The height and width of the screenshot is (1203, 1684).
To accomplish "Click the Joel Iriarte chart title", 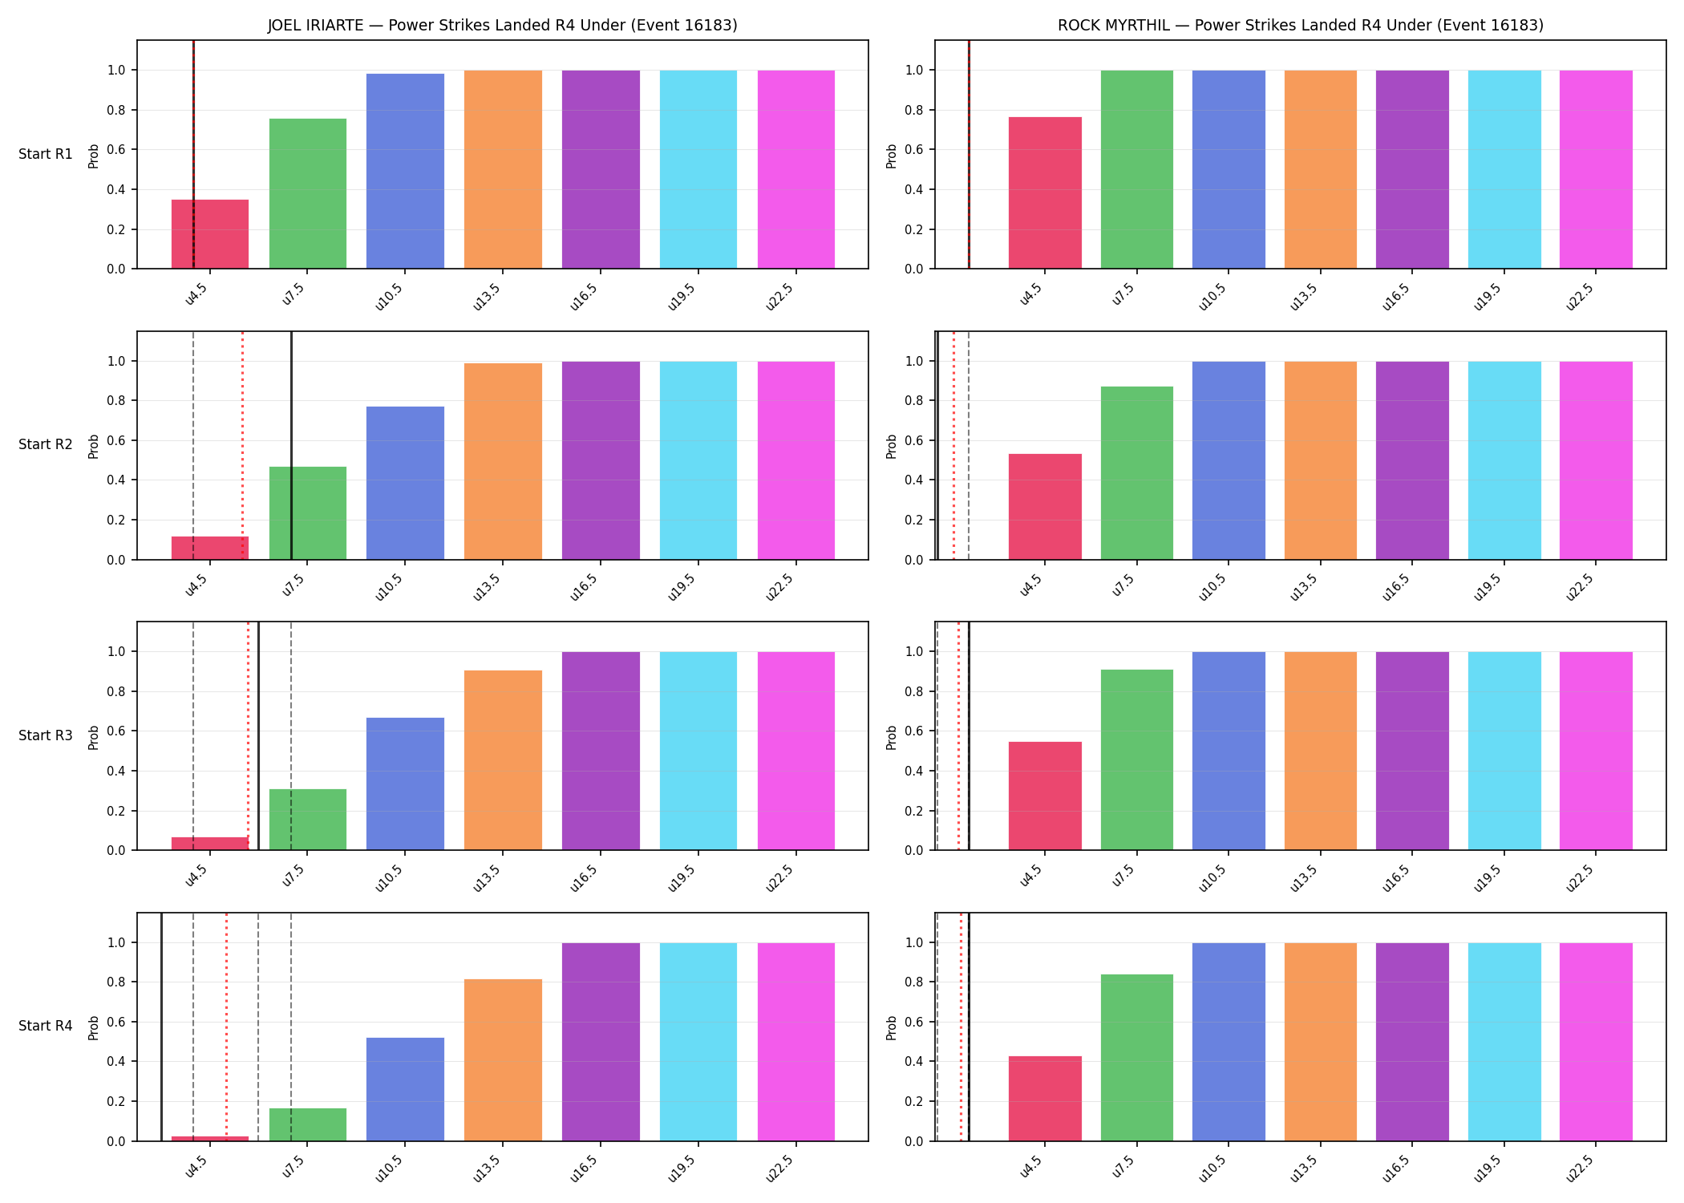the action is pos(502,25).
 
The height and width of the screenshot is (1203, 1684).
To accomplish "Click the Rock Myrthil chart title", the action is pos(1300,25).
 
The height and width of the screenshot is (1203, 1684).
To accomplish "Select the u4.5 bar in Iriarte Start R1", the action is pos(210,234).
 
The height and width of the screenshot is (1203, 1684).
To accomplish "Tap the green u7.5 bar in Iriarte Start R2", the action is pos(308,513).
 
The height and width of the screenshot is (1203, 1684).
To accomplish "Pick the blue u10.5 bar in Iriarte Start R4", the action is pos(405,1089).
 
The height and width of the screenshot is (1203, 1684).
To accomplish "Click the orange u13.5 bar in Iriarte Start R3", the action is pos(503,760).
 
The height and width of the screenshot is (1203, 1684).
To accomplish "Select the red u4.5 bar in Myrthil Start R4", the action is pos(1045,1099).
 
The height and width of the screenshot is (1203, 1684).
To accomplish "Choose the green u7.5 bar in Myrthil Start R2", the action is pos(1137,473).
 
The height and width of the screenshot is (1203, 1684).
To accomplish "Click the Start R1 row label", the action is pos(46,154).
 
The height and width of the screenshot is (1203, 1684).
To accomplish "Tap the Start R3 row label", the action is pos(46,735).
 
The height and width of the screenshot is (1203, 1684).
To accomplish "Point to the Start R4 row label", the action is pos(46,1026).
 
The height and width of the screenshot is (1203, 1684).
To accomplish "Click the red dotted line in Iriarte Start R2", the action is pos(243,445).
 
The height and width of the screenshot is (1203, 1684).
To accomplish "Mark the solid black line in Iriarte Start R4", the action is pos(161,1027).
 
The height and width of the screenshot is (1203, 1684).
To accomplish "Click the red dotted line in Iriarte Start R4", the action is pos(226,1027).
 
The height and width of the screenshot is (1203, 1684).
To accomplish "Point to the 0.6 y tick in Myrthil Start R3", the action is pos(915,731).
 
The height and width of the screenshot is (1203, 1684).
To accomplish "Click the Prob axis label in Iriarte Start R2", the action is pos(94,446).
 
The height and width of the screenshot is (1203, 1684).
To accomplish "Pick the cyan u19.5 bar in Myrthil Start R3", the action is pos(1504,751).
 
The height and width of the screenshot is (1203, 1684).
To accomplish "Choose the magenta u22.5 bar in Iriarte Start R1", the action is pos(796,169).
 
